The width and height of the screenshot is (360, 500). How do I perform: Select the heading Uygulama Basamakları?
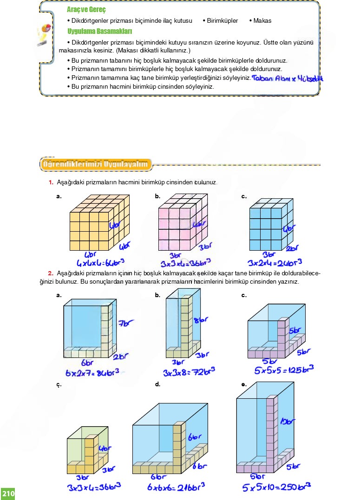[100, 32]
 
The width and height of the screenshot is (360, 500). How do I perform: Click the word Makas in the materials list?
[262, 21]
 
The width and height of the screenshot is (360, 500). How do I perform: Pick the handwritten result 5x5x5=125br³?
[284, 370]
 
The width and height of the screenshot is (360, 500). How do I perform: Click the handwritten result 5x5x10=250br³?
[276, 487]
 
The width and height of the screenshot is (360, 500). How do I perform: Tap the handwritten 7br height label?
[126, 323]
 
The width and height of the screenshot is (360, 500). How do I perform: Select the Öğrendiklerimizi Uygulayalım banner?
[96, 164]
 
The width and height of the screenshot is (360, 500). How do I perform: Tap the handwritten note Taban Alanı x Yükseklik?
[288, 78]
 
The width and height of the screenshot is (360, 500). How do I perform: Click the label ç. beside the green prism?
[59, 385]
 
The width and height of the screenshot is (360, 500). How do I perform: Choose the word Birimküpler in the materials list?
[223, 21]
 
